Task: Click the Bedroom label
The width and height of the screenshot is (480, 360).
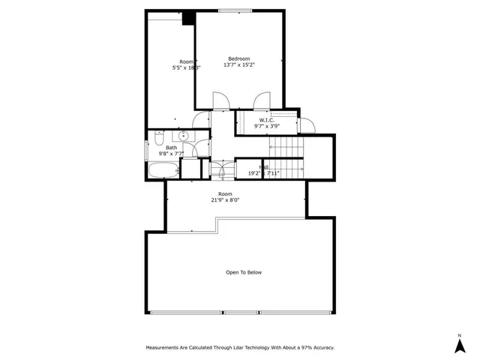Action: pos(239,58)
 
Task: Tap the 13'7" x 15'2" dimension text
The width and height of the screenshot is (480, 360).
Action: pos(239,65)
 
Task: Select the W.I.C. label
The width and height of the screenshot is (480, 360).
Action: pos(267,120)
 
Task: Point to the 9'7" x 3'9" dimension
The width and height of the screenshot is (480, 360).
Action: pos(267,126)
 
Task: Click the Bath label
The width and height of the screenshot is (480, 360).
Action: pos(171,148)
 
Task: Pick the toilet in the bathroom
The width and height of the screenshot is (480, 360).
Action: pos(160,140)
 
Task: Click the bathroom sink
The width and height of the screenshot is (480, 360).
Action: pos(183,136)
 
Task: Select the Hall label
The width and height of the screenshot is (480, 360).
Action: pos(264,167)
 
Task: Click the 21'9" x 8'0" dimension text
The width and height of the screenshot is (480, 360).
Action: pos(226,200)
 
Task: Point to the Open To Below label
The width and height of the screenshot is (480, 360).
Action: pos(244,272)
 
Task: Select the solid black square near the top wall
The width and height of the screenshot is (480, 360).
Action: pos(189,19)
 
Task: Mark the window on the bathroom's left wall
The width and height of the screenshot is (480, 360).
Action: pos(147,148)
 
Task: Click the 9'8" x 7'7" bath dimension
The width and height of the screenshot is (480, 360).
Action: pos(171,154)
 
